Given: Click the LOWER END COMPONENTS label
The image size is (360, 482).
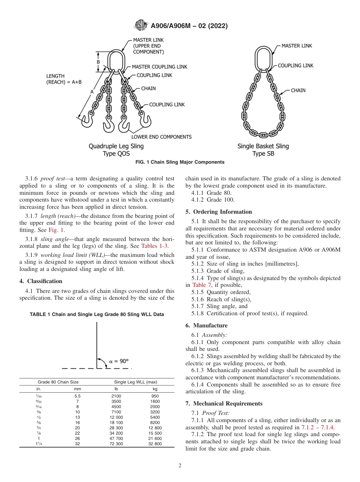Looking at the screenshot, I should pyautogui.click(x=161, y=137).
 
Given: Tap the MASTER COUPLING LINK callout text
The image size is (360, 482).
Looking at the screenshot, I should pyautogui.click(x=160, y=67).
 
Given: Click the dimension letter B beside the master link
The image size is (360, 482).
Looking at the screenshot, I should pyautogui.click(x=98, y=62).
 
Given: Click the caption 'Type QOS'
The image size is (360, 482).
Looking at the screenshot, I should pyautogui.click(x=116, y=153).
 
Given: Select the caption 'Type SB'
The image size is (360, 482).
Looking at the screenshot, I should pyautogui.click(x=263, y=153).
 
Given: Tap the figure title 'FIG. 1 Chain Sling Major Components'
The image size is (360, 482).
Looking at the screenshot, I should pyautogui.click(x=180, y=162).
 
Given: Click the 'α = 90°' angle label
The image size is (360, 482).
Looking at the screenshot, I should pyautogui.click(x=119, y=361).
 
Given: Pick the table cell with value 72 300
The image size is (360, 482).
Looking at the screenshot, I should pyautogui.click(x=116, y=444).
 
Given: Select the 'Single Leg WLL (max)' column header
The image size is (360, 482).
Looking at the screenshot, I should pyautogui.click(x=135, y=382).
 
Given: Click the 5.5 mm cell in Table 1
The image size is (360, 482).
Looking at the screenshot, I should pyautogui.click(x=77, y=396).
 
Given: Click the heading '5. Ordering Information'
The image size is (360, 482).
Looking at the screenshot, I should pyautogui.click(x=219, y=212).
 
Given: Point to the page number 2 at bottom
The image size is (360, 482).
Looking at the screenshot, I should pyautogui.click(x=180, y=466).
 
